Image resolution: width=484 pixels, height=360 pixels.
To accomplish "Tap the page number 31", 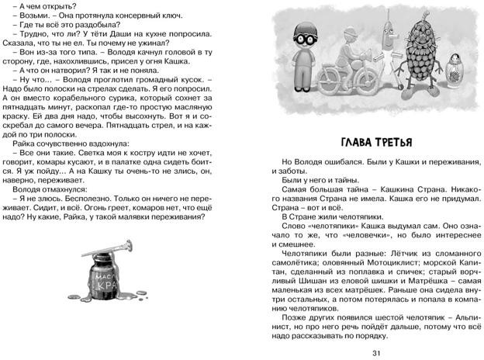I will pyautogui.click(x=376, y=350).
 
